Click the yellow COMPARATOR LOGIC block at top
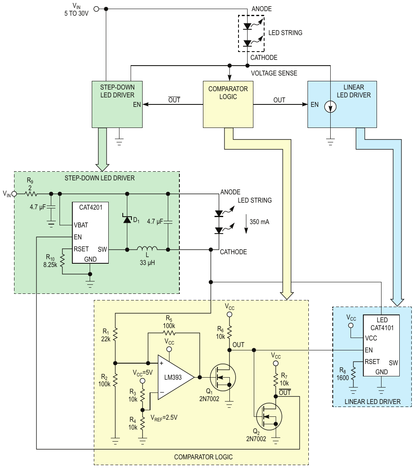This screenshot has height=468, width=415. [228, 104]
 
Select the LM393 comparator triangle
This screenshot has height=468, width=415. [173, 377]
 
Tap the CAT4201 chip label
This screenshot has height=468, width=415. [91, 209]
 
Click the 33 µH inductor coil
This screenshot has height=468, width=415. [147, 248]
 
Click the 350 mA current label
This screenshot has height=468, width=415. [260, 222]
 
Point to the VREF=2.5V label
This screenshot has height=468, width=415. [164, 417]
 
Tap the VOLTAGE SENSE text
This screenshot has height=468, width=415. [274, 73]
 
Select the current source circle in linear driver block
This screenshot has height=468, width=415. [331, 107]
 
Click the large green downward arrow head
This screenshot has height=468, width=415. [103, 166]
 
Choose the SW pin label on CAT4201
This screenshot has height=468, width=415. [103, 249]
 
